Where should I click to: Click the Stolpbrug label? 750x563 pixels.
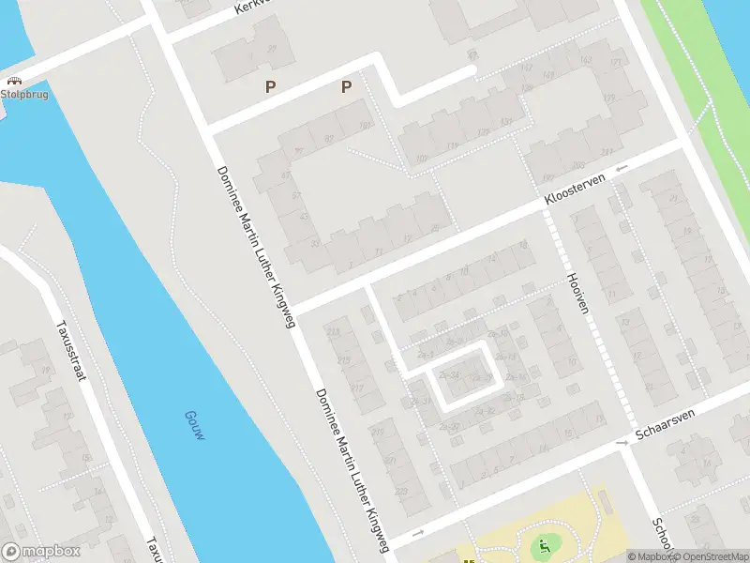pos(24,95)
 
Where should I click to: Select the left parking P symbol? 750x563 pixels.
pos(271,87)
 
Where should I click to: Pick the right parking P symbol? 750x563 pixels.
pos(346,87)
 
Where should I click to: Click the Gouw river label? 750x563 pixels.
pos(194,428)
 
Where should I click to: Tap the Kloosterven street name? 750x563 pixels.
pos(577,188)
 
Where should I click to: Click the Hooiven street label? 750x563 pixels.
pos(577,293)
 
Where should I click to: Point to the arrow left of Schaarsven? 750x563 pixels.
pos(621,442)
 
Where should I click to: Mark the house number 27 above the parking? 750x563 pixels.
pos(273,49)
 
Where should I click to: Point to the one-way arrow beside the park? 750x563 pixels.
pos(418,533)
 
